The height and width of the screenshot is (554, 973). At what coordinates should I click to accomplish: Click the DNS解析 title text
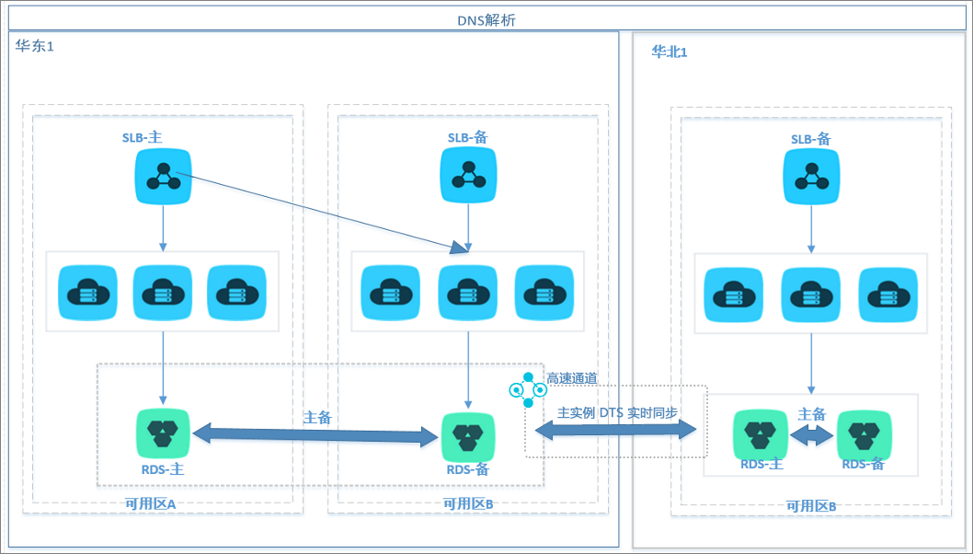486,20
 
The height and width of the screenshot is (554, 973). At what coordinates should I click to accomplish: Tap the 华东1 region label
35,46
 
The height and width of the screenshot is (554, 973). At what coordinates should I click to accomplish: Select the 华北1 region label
669,52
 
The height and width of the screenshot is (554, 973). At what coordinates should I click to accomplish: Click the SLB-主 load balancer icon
163,177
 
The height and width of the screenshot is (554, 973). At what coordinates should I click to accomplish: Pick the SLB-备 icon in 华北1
811,177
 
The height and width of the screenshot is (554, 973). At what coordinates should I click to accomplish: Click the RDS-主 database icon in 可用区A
163,433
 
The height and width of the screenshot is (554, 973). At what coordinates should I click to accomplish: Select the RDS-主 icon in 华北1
761,434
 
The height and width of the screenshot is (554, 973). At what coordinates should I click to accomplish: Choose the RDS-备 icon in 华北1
864,436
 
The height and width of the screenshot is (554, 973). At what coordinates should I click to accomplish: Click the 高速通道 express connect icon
528,390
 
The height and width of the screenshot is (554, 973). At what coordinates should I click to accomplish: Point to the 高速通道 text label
571,378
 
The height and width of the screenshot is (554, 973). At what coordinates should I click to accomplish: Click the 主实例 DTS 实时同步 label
617,413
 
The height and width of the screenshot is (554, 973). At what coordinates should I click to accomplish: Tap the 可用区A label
151,503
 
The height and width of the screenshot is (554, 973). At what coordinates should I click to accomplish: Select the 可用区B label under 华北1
811,506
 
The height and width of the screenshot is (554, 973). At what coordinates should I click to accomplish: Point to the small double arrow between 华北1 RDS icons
812,436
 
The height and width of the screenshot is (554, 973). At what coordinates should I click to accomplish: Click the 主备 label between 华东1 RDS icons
317,418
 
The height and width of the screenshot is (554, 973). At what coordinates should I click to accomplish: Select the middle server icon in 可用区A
163,293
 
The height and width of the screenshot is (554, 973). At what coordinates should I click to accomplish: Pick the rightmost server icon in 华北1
888,295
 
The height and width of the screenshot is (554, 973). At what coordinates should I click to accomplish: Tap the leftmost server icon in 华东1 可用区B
390,294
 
